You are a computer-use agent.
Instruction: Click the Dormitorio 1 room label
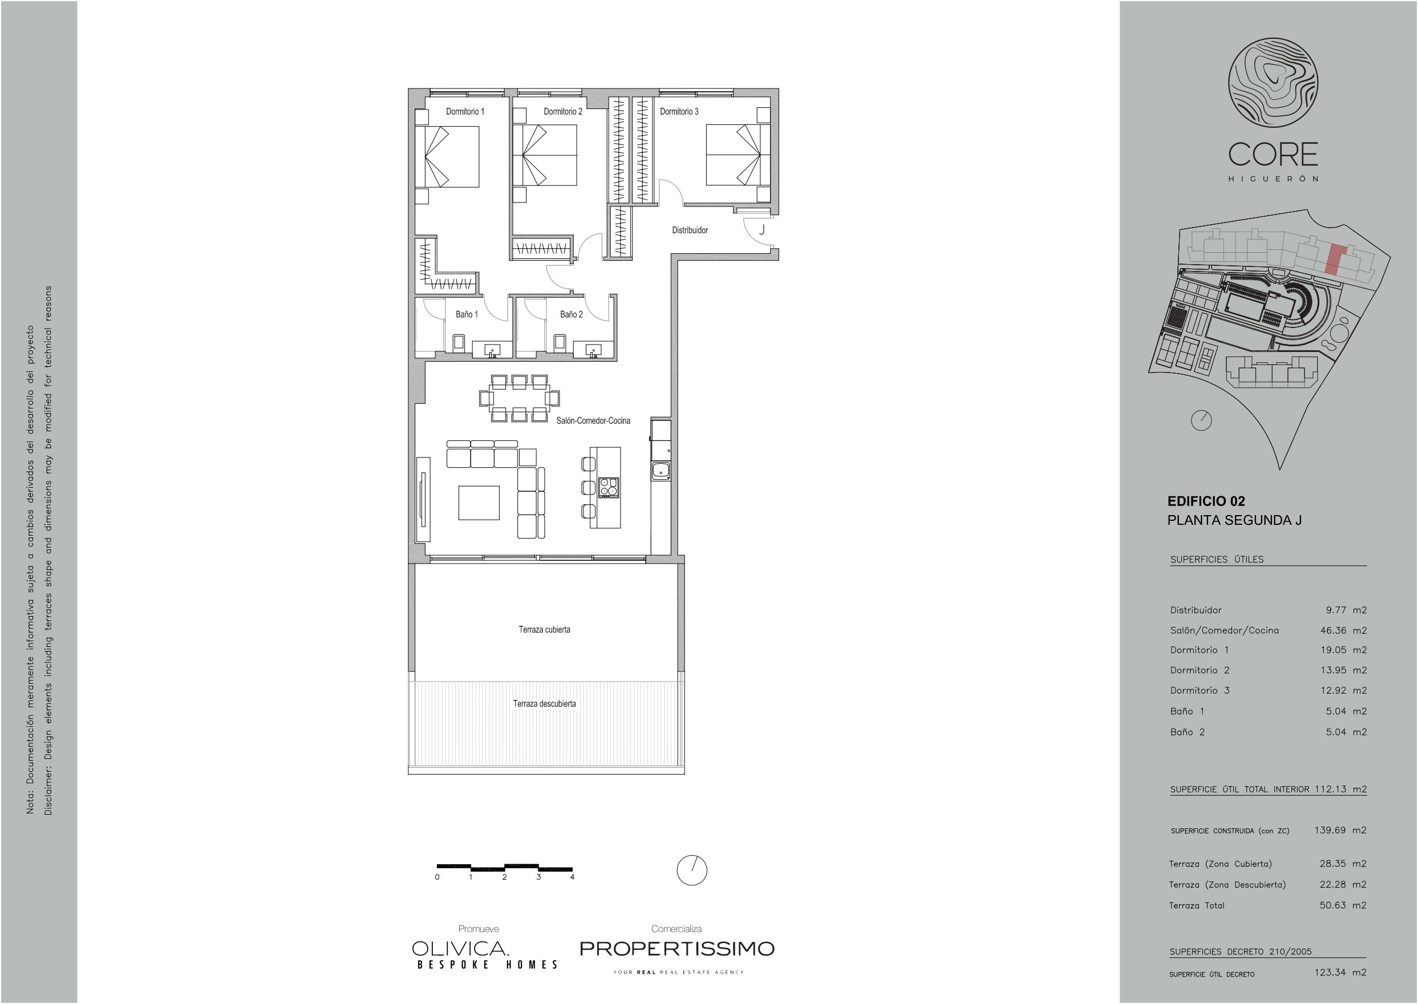(x=465, y=111)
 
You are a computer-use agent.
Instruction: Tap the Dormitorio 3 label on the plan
(x=679, y=111)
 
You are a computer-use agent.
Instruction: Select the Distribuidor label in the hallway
(x=690, y=230)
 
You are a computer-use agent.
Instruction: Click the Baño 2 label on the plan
(x=571, y=314)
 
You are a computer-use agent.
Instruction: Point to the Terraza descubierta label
(x=544, y=703)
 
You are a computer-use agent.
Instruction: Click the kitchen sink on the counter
(x=661, y=471)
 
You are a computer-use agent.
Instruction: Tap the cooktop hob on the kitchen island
(x=608, y=487)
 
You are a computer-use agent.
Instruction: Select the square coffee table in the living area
(x=479, y=503)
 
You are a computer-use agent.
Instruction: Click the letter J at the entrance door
(x=762, y=230)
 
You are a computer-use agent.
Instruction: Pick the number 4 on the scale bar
(x=573, y=877)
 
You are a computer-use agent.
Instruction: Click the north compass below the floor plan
(x=692, y=871)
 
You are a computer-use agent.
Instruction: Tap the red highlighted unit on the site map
(x=1335, y=260)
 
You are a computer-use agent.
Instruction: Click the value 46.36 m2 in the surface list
(x=1343, y=630)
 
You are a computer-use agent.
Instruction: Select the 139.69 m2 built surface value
(x=1340, y=830)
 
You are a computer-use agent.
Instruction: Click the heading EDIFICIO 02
(x=1206, y=501)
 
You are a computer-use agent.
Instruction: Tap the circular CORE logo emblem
(x=1273, y=83)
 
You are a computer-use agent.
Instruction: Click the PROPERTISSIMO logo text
(x=677, y=948)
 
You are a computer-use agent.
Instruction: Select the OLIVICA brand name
(x=460, y=948)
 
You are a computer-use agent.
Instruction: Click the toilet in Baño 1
(x=459, y=342)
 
